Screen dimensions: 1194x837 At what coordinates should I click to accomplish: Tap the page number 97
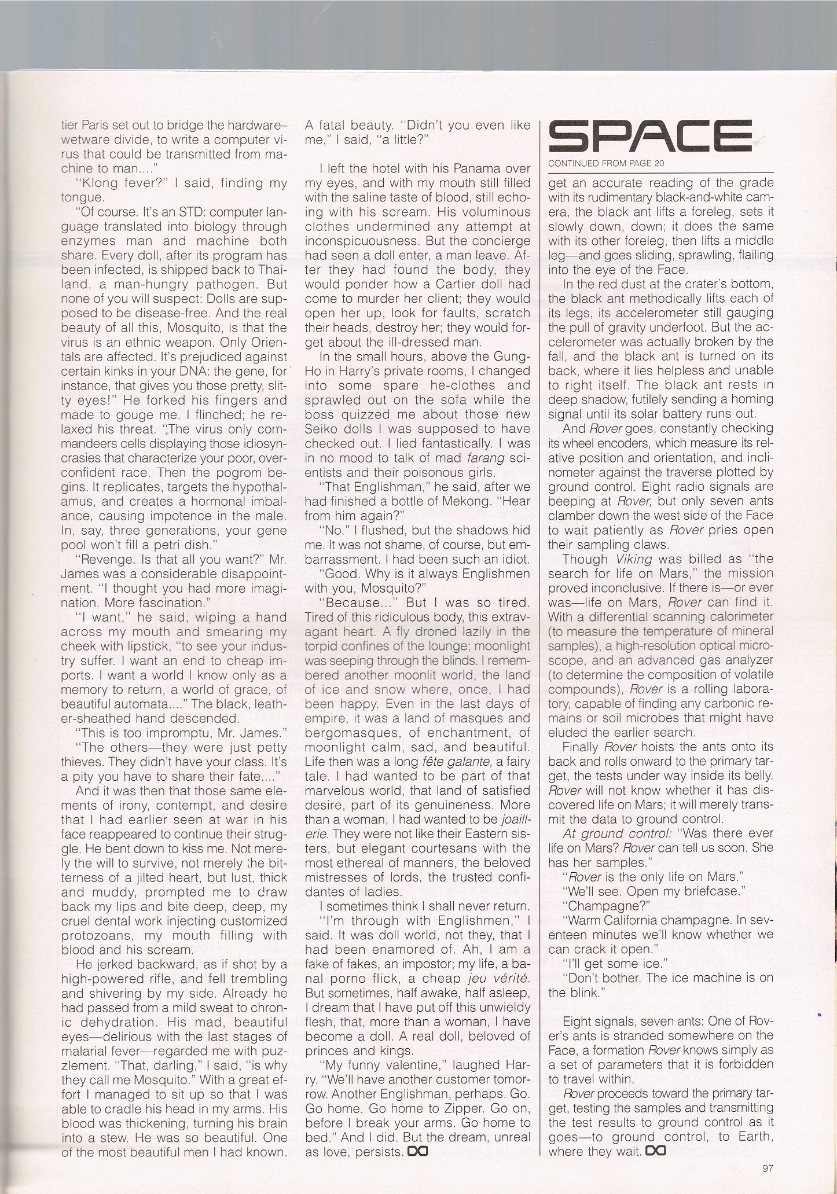click(768, 1168)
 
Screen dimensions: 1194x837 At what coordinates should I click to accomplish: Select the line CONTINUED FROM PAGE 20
click(606, 163)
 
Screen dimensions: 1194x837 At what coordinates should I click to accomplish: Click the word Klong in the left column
click(115, 183)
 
